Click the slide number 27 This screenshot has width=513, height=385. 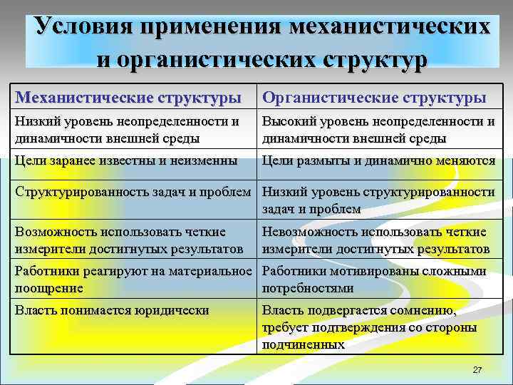pyautogui.click(x=477, y=370)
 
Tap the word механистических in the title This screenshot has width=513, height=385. pyautogui.click(x=390, y=26)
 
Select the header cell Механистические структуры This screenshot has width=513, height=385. pyautogui.click(x=128, y=96)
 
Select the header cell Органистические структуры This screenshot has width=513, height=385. pyautogui.click(x=375, y=96)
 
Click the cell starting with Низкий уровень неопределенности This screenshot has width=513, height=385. pyautogui.click(x=127, y=129)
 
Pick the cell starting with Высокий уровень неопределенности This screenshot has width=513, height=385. pyautogui.click(x=378, y=129)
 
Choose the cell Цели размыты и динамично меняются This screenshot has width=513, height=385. pyautogui.click(x=378, y=161)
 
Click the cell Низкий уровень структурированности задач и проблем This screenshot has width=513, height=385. pyautogui.click(x=378, y=200)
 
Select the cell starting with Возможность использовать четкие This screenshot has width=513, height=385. pyautogui.click(x=127, y=240)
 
